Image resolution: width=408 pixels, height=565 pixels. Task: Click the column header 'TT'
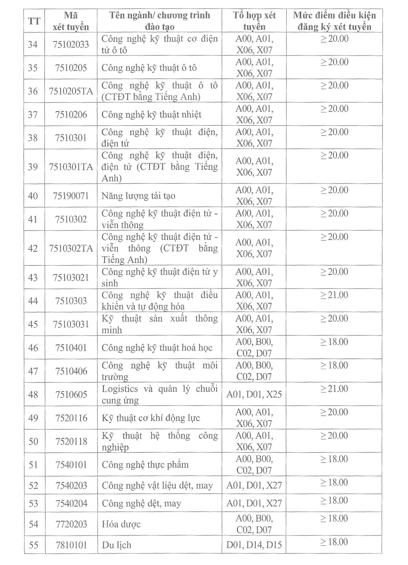click(34, 21)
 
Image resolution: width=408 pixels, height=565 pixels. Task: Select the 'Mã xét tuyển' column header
click(71, 21)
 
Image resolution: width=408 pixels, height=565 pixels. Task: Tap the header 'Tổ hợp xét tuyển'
click(254, 21)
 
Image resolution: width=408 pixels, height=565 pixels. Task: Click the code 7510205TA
click(71, 91)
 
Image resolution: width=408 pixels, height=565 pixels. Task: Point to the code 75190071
click(71, 196)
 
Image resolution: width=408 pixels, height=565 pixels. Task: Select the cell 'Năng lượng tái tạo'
click(138, 196)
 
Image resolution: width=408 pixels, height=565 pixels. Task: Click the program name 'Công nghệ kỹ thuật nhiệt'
click(151, 114)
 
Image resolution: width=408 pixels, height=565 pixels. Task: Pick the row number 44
click(33, 301)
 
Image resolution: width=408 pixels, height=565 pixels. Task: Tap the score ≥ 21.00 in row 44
click(334, 295)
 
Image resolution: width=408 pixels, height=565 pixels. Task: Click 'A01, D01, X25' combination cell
click(254, 394)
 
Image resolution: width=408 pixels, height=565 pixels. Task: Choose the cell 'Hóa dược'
click(121, 524)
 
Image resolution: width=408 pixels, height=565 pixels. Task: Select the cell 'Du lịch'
click(116, 545)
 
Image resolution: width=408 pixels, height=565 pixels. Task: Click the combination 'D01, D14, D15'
click(254, 545)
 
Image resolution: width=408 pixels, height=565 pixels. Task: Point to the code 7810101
click(71, 545)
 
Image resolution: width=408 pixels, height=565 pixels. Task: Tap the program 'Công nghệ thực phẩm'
click(145, 464)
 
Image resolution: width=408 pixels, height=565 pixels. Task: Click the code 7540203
click(71, 485)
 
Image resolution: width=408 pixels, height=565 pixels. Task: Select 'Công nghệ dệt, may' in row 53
click(141, 503)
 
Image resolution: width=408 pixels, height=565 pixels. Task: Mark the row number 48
click(33, 394)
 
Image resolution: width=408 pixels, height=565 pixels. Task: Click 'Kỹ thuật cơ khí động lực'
click(151, 418)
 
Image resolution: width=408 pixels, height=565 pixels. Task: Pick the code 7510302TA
click(71, 248)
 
